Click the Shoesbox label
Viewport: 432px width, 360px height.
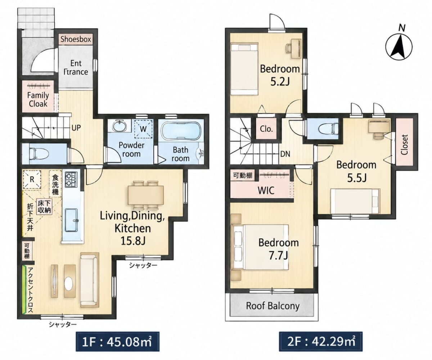[76, 39]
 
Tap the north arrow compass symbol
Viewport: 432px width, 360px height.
[399, 47]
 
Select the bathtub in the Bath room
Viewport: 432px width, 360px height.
[181, 130]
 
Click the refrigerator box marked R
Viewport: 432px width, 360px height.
[32, 179]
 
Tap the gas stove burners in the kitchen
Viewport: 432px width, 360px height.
[71, 180]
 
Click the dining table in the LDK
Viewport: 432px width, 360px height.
[146, 195]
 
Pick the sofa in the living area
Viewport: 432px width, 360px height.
[90, 280]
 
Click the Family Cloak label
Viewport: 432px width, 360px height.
[38, 99]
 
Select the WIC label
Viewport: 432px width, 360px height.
[266, 190]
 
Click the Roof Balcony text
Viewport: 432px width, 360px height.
[273, 306]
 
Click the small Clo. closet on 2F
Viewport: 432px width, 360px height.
[266, 129]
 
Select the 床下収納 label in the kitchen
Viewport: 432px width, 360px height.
[44, 207]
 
